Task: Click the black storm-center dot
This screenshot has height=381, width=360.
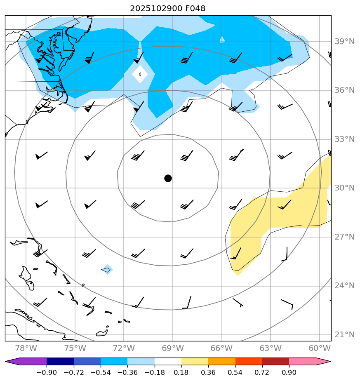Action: pyautogui.click(x=168, y=178)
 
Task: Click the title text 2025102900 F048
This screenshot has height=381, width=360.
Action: pyautogui.click(x=168, y=8)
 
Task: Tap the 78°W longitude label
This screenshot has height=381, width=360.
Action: pyautogui.click(x=26, y=348)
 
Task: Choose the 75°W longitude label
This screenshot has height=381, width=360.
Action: pyautogui.click(x=75, y=348)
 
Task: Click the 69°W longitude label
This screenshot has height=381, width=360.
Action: pyautogui.click(x=173, y=348)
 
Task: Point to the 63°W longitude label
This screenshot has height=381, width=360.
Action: pyautogui.click(x=271, y=348)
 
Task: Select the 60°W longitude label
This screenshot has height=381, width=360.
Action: pyautogui.click(x=320, y=348)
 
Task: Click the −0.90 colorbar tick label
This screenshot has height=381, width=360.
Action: pyautogui.click(x=47, y=373)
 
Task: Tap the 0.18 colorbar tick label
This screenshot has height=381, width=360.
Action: pyautogui.click(x=181, y=373)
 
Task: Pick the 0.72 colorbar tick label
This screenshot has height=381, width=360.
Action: pyautogui.click(x=262, y=373)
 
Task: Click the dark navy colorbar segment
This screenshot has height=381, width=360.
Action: pyautogui.click(x=60, y=362)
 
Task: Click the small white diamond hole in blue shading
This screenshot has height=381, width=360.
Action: pyautogui.click(x=140, y=74)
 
